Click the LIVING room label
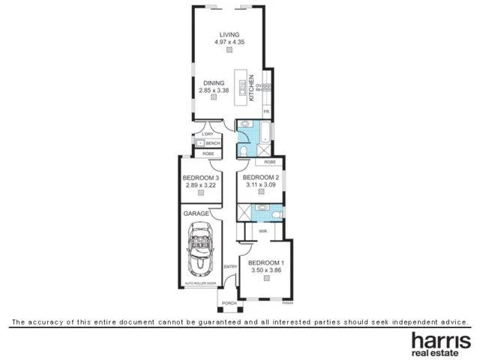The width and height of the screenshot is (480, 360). [x=229, y=34]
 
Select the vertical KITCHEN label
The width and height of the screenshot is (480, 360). [x=262, y=87]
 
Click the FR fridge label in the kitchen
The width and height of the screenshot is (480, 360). [x=265, y=111]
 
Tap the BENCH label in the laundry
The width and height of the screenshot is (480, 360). [x=212, y=142]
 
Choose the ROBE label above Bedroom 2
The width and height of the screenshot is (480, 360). [x=269, y=161]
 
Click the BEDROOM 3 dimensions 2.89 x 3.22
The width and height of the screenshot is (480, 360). [x=200, y=184]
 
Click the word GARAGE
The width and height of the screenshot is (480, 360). [x=196, y=213]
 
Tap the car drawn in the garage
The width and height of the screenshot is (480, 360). [x=201, y=253]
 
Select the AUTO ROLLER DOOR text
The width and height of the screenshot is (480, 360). [x=200, y=283]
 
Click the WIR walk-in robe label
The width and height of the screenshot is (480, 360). [x=262, y=232]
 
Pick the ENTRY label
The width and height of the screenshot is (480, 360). [x=230, y=266]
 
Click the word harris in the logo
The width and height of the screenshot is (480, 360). [x=440, y=340]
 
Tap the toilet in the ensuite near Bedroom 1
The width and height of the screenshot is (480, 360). [x=277, y=215]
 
